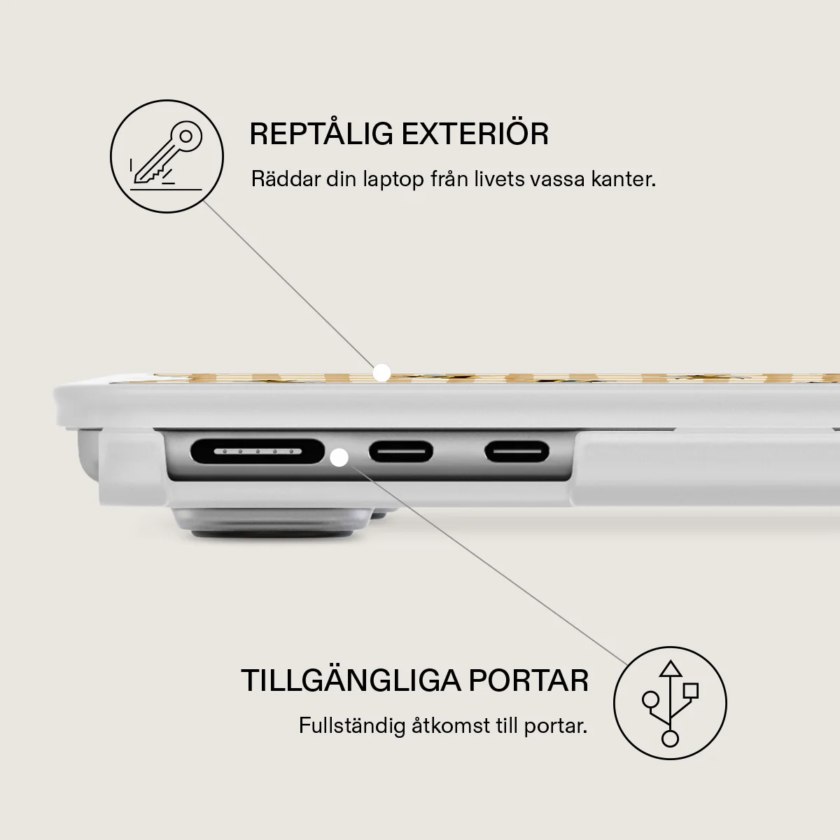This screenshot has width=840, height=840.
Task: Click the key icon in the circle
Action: click(167, 156)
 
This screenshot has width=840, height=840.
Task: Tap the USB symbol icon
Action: click(670, 703)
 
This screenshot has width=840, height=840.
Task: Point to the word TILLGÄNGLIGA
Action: click(351, 680)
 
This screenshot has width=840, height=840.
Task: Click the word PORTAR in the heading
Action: click(528, 680)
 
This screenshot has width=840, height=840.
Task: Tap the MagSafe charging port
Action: click(258, 451)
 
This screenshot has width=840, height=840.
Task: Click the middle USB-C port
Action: click(401, 451)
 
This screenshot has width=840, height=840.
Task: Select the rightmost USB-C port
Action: click(517, 451)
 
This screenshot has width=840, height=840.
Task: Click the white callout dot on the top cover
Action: click(382, 373)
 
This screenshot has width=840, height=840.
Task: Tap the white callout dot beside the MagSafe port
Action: click(339, 458)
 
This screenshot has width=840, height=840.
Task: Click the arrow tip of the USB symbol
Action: click(670, 662)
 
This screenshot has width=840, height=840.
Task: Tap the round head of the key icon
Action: click(186, 136)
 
